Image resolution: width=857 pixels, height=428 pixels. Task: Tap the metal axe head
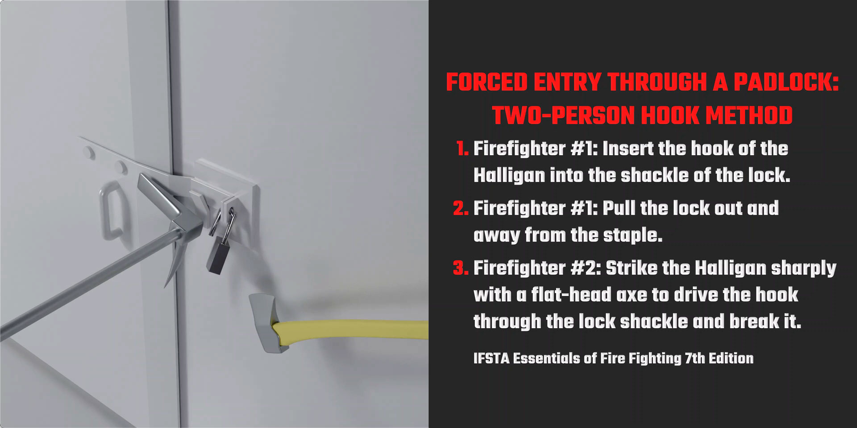[264, 321]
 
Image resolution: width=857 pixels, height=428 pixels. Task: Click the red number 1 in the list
[462, 149]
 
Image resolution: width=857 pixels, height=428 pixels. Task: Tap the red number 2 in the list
[460, 209]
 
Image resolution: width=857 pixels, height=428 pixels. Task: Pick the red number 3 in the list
[460, 268]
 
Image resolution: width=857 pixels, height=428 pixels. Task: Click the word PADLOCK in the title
[786, 82]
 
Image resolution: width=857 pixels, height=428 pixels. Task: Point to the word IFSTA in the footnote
[491, 358]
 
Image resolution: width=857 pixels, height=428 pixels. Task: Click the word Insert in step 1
[628, 149]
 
